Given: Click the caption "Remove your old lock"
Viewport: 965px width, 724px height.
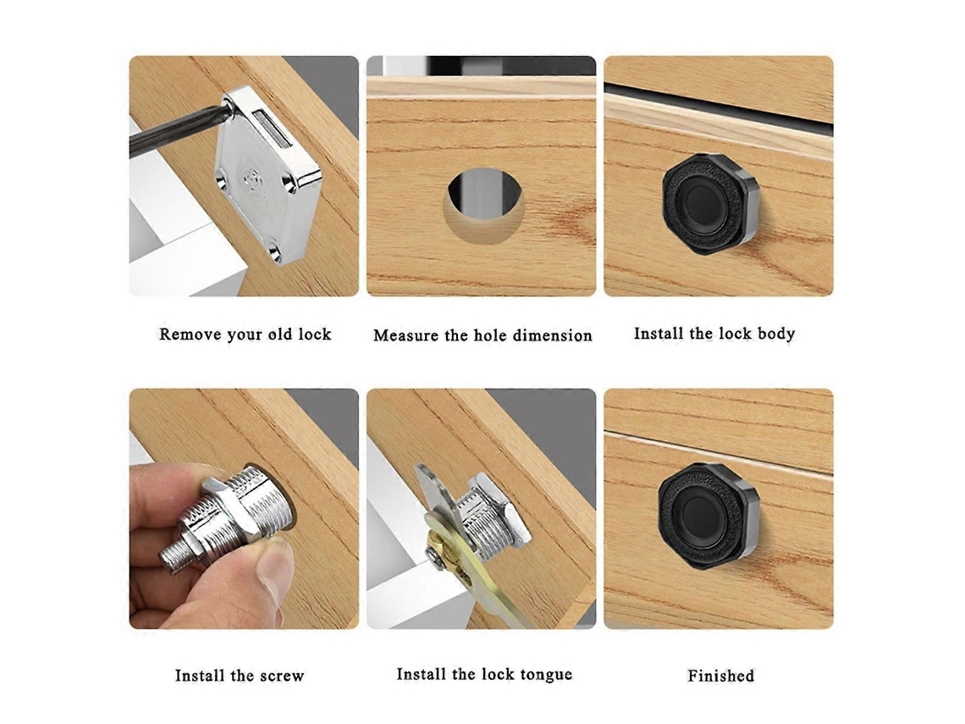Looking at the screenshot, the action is (245, 334).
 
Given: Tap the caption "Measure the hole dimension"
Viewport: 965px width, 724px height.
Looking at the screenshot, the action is (482, 335).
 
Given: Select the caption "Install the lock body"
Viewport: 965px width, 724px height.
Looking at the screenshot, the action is (714, 334).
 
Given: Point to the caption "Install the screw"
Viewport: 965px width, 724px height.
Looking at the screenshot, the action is (240, 676).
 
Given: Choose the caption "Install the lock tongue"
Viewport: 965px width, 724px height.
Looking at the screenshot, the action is (484, 675).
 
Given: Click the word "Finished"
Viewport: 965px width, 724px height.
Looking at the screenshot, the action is (720, 676).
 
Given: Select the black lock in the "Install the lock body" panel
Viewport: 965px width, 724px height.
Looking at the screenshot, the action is (709, 203).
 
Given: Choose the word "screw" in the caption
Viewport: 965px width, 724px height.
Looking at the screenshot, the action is (282, 676).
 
